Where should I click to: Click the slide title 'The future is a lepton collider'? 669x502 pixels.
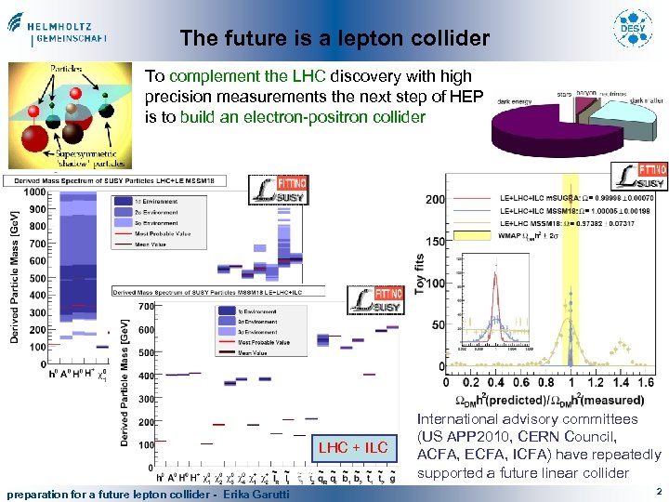(x=334, y=38)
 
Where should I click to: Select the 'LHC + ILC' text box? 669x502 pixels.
(x=353, y=448)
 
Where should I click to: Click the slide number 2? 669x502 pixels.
(x=658, y=490)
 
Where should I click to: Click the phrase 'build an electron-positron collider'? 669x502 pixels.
(x=303, y=117)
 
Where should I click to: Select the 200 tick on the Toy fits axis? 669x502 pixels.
(x=434, y=199)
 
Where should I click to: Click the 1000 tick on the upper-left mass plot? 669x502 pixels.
(x=33, y=192)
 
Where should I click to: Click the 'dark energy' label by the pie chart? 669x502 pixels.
(x=515, y=101)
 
